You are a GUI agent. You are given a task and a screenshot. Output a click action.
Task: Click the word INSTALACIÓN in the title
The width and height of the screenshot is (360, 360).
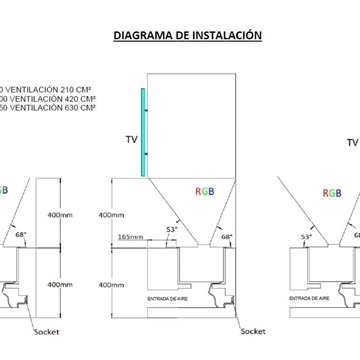pos(229,34)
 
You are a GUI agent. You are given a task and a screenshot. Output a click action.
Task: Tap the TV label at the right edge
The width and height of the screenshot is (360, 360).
pos(351,143)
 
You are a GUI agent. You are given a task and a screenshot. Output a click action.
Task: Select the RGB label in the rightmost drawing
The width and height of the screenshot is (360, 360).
pos(331,193)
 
